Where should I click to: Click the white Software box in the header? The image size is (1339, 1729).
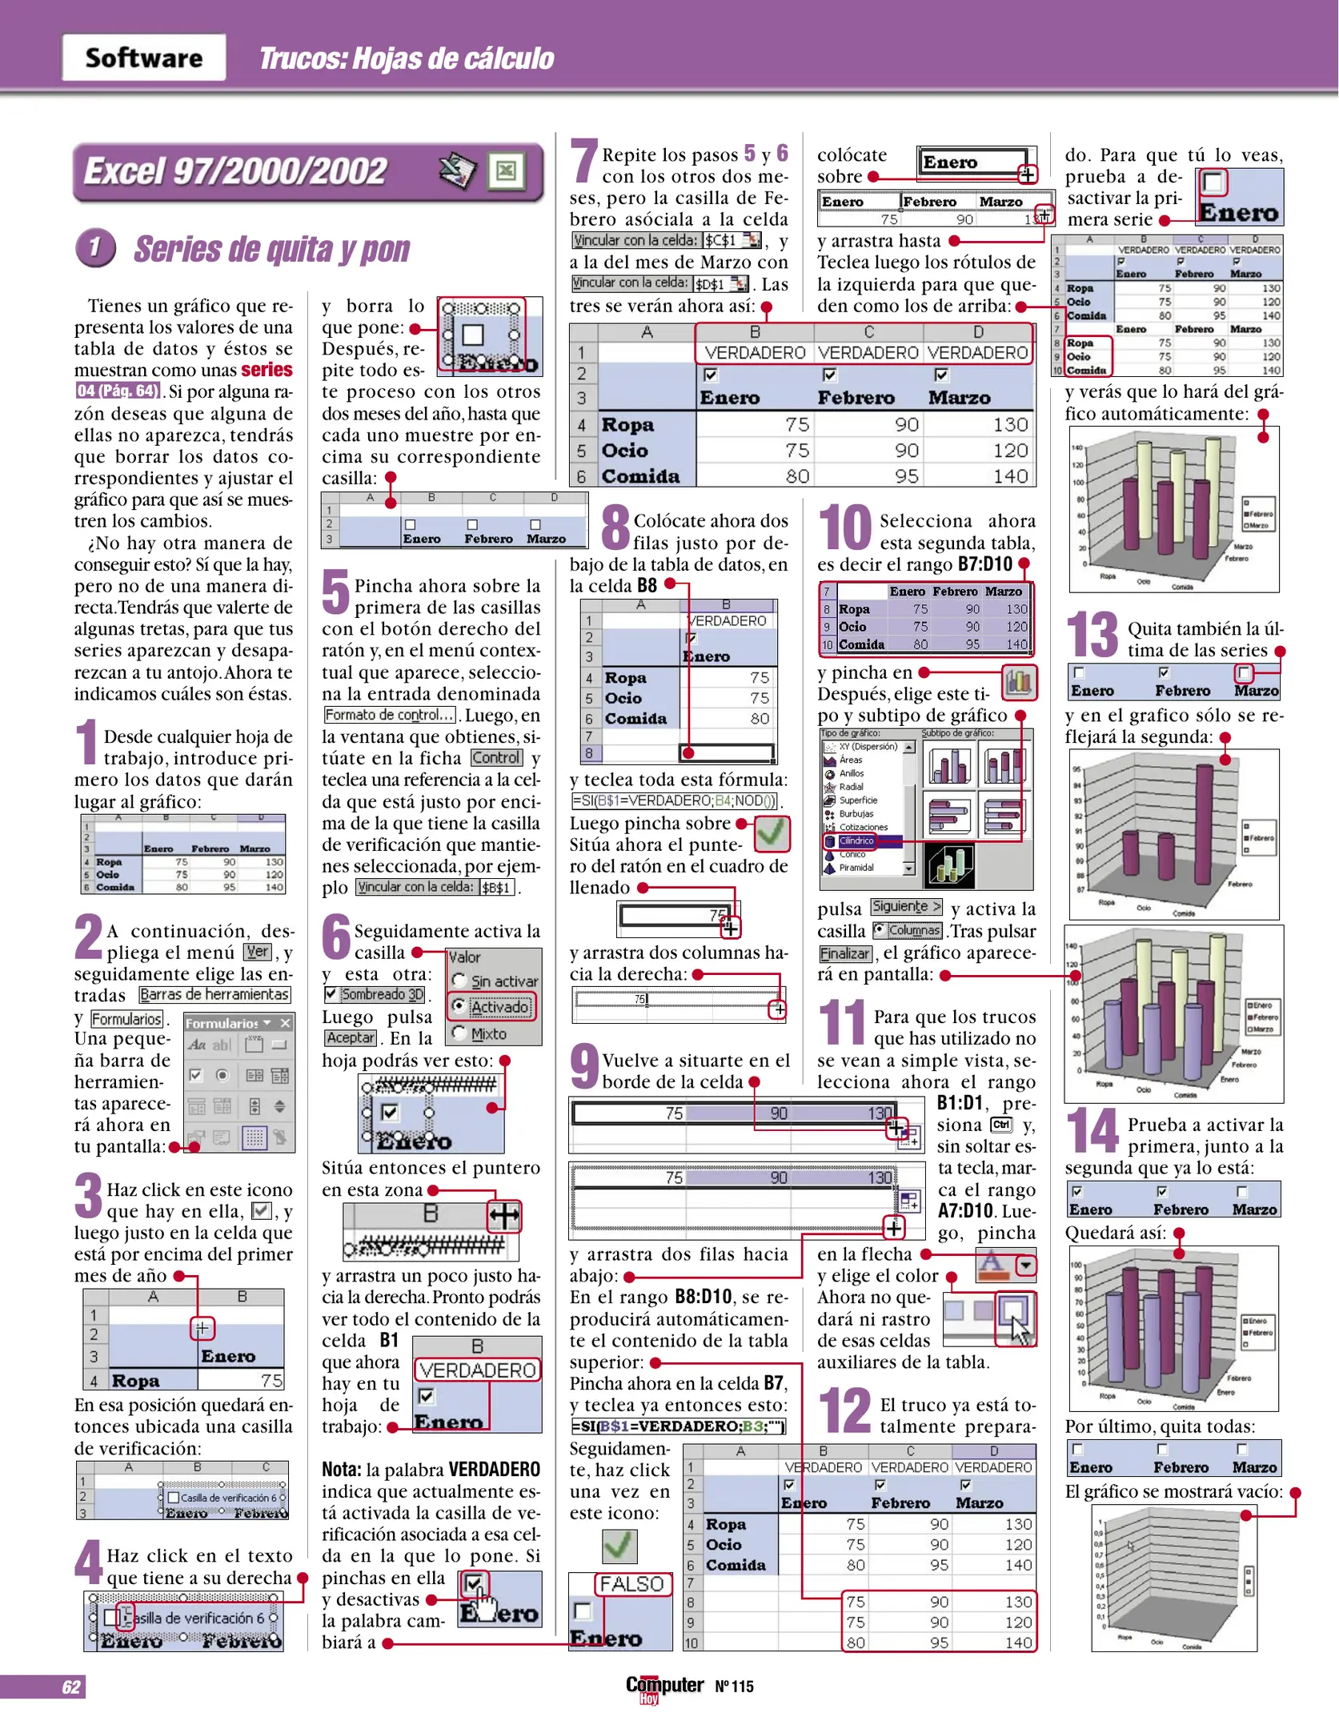144,58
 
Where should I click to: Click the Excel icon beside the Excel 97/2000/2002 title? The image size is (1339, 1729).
506,170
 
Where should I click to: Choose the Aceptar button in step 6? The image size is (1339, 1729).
350,1037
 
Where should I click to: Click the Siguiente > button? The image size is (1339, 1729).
906,907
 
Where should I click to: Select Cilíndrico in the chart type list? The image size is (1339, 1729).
856,840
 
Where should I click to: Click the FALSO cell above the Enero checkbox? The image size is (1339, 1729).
631,1584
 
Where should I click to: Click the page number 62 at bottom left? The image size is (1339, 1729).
70,1687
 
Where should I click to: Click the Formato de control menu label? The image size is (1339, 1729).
389,715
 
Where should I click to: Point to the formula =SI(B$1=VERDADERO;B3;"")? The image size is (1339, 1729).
677,1426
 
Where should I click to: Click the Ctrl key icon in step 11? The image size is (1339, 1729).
1001,1125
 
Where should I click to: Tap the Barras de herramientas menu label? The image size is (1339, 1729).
214,994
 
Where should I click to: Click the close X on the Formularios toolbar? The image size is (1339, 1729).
286,1023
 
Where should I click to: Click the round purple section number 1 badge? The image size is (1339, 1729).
95,247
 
